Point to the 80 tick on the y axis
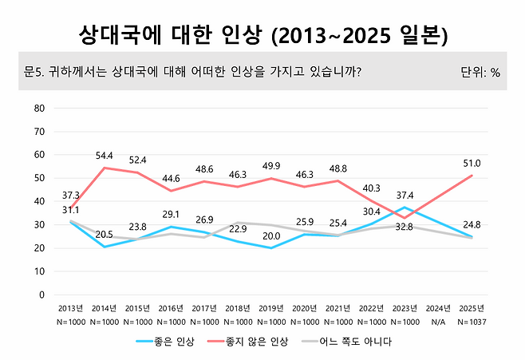pyautogui.click(x=39, y=108)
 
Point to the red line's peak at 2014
pyautogui.click(x=105, y=168)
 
